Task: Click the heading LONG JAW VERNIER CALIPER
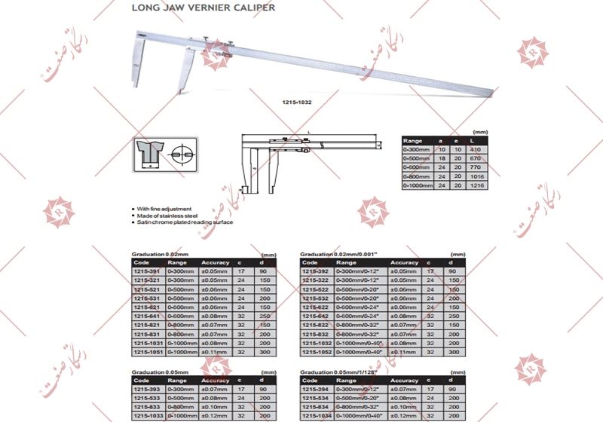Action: pos(204,8)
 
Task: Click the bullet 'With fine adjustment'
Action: pos(164,209)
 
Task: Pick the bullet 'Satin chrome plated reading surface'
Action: pos(184,222)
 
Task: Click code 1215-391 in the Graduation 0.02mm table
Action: pos(146,271)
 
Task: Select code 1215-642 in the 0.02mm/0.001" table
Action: pos(314,316)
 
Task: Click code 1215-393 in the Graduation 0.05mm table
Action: pos(146,389)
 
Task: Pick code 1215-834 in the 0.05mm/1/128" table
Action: pos(314,407)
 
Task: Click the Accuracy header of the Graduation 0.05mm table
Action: pos(215,381)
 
